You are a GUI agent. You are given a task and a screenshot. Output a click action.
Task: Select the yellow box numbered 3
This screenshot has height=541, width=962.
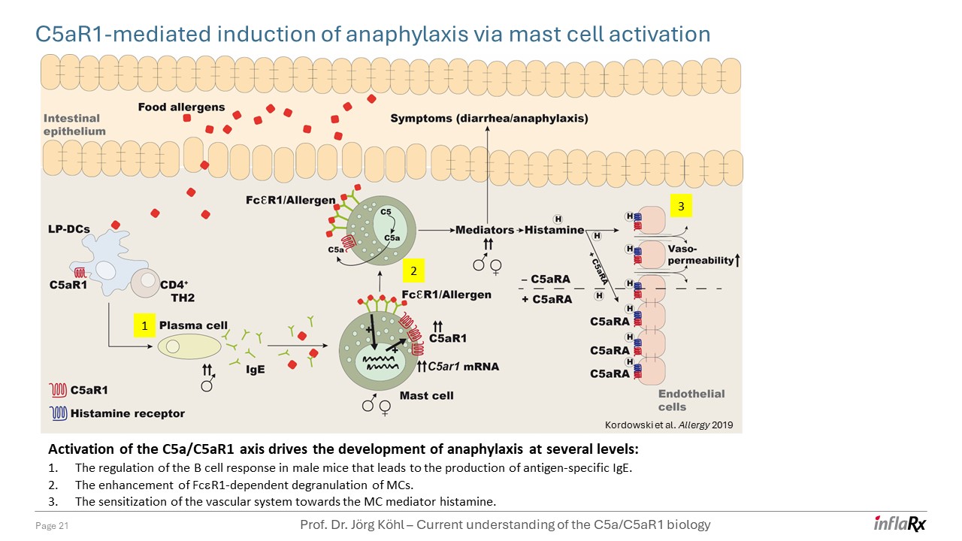680,205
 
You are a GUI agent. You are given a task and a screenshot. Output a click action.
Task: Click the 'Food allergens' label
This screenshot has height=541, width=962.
181,107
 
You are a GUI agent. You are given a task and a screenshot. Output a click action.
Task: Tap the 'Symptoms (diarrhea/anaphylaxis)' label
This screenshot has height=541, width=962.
489,119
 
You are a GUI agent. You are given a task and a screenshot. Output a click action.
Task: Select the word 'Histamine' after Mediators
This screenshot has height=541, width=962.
554,230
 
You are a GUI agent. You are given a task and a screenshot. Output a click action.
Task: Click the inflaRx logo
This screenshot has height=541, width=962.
900,524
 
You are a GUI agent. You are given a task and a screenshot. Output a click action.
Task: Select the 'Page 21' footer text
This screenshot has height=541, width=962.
53,527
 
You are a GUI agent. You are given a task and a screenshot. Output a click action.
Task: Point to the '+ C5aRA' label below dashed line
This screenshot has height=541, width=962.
546,299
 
